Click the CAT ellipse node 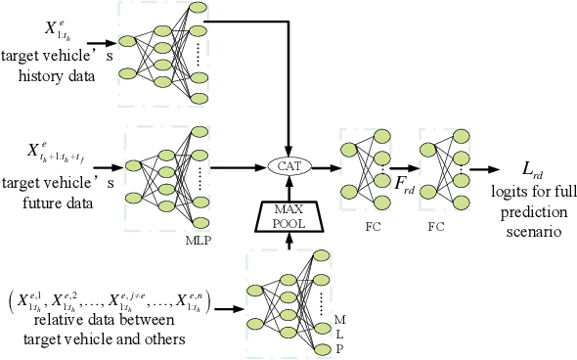coord(288,167)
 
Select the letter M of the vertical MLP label coord(337,321)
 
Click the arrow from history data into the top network coord(101,45)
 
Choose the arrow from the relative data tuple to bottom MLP coord(229,309)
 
